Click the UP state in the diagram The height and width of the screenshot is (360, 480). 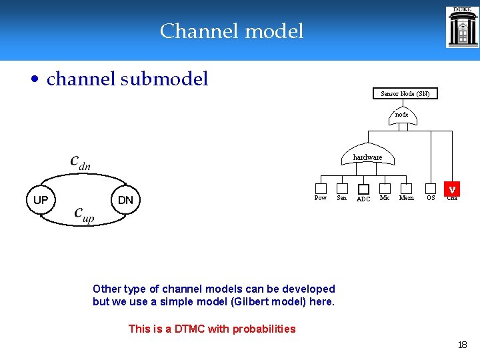tap(41, 200)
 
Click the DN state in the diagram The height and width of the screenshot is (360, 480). tap(125, 200)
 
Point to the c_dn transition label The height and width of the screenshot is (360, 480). tap(80, 162)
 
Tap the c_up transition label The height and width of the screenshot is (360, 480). tap(84, 214)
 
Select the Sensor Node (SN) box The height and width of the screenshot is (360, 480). tap(405, 94)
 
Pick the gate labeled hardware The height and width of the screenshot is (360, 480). tap(367, 155)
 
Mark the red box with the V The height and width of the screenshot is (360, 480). tap(452, 189)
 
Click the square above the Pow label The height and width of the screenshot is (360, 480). tap(321, 189)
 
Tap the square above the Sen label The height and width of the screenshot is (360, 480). tap(342, 189)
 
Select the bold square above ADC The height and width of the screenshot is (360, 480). tap(363, 189)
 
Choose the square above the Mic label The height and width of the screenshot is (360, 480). tap(385, 189)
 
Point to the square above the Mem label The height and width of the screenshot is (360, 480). tap(406, 189)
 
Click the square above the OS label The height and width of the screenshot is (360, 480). tap(431, 189)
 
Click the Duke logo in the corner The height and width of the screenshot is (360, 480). tap(462, 27)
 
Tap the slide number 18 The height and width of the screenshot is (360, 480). tap(462, 345)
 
